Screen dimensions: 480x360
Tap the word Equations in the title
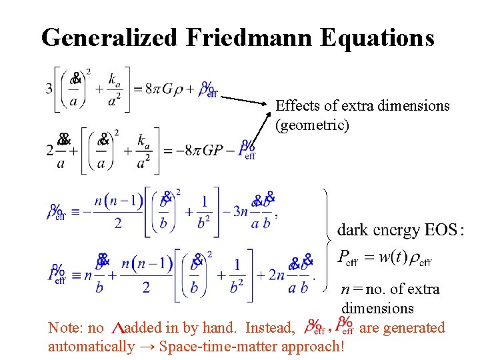[377, 37]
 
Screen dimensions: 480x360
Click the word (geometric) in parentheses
[312, 125]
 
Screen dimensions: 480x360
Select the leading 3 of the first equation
[49, 88]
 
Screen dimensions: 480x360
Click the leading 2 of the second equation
[49, 150]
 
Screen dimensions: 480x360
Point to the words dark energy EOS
[396, 231]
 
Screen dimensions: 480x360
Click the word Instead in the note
[270, 328]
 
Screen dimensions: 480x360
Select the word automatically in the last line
[91, 347]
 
